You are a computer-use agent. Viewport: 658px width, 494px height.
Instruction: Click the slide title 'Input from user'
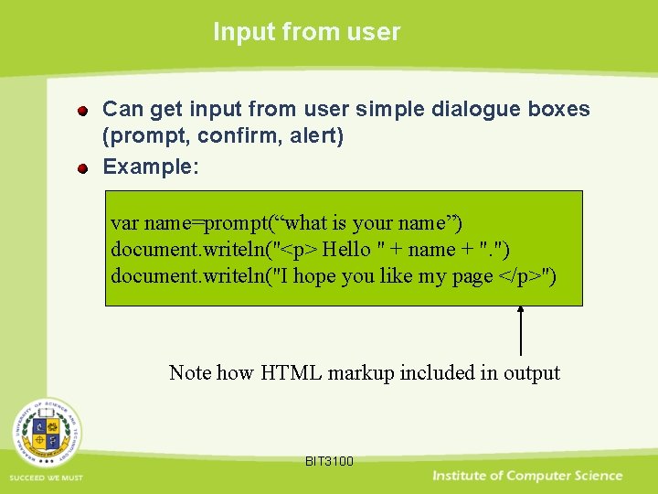[x=306, y=32]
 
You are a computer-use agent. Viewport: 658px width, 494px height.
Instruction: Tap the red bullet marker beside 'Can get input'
[x=83, y=112]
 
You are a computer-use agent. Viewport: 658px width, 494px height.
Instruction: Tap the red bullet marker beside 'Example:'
[x=83, y=169]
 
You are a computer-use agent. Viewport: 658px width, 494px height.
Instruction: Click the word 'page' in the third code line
[x=472, y=276]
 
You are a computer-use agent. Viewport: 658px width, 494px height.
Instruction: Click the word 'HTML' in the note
[x=291, y=372]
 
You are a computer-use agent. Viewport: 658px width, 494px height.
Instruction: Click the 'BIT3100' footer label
[x=329, y=461]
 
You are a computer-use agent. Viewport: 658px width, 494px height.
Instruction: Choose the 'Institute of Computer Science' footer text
[x=527, y=476]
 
